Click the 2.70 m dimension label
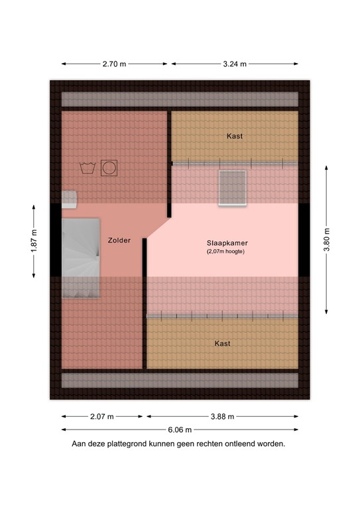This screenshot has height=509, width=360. pos(115,64)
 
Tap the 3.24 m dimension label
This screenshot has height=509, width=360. pos(234,64)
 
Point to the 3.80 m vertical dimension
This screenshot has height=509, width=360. pos(326,240)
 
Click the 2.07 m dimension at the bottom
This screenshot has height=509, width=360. pos(102,416)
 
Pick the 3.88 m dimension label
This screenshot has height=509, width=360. pos(222,416)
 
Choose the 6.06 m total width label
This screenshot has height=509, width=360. pos(180,429)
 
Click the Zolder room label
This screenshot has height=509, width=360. pos(119,240)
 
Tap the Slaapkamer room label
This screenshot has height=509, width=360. pos(222,243)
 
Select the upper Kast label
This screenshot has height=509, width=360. pos(234,136)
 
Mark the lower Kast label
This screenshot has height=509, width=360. pos(222,343)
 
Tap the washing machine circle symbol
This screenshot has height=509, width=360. pos(108,168)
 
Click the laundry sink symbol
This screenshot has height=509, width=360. pos(86,168)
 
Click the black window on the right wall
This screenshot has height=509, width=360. pos(304,240)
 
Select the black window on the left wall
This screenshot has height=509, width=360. pos(56,240)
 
